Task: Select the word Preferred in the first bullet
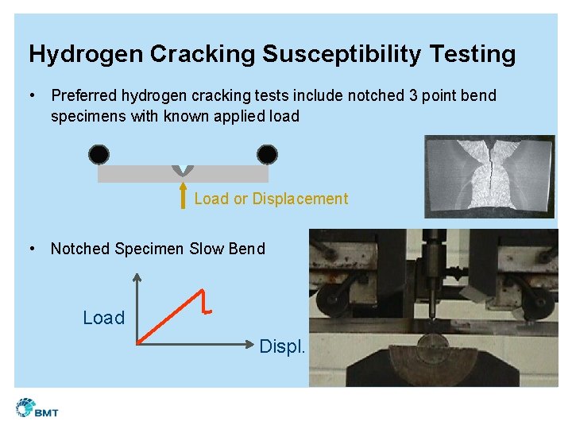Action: [x=84, y=96]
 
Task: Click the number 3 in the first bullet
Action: [x=414, y=96]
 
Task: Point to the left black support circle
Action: [x=99, y=154]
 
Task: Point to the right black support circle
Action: [x=268, y=154]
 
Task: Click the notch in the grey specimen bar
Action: [x=184, y=170]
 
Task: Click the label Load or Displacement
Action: [x=271, y=199]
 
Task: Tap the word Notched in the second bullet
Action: [x=80, y=249]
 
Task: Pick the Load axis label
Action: [x=104, y=318]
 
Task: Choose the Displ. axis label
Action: [x=282, y=346]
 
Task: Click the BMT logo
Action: [x=37, y=408]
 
